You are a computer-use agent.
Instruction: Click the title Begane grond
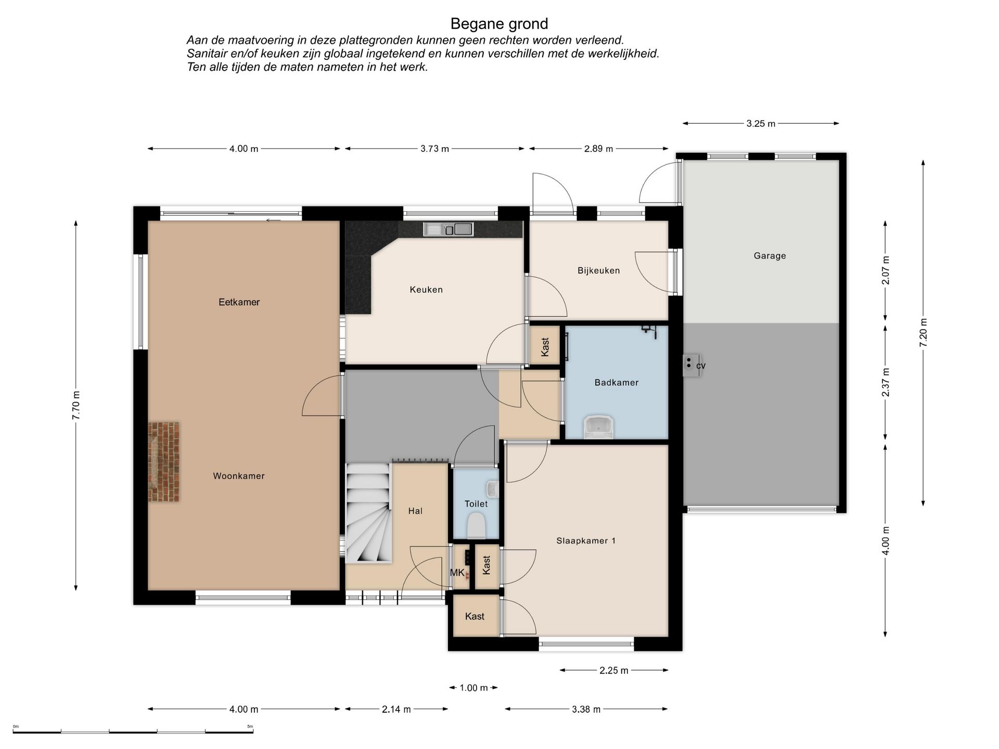pos(499,24)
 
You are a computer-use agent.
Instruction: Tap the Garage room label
pos(770,255)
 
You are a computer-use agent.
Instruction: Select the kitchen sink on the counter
pos(448,229)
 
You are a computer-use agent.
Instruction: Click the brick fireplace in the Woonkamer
pos(164,462)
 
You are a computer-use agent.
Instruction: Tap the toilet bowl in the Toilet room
pos(476,525)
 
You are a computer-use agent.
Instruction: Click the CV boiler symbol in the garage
pos(692,365)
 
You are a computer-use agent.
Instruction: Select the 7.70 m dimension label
pos(76,405)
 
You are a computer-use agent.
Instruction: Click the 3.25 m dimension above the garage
pos(761,124)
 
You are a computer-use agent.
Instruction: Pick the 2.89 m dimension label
pos(598,149)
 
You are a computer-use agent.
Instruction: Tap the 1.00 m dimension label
pos(473,688)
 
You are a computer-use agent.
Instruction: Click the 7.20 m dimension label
pos(924,332)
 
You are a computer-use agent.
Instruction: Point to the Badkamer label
pos(616,382)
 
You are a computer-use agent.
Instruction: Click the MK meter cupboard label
pos(457,573)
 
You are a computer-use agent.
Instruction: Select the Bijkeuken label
pos(598,270)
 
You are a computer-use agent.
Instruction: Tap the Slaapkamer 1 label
pos(586,541)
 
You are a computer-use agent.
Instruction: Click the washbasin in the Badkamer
pos(599,427)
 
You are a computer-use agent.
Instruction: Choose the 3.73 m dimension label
pos(434,149)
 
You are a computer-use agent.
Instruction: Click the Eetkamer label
pos(239,302)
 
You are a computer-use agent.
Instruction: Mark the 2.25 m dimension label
pos(613,670)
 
